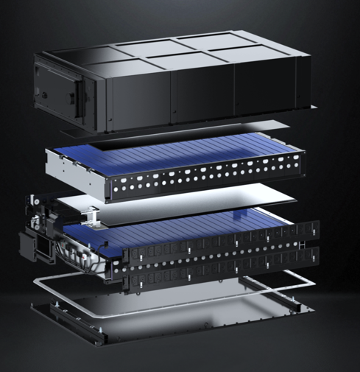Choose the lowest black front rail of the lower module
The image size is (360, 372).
pos(221,276)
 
